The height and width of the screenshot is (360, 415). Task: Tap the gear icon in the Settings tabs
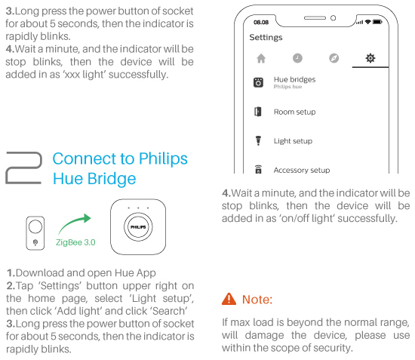[x=370, y=58]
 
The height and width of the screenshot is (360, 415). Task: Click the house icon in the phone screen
[x=261, y=58]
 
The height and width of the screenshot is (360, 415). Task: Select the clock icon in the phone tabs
[x=297, y=58]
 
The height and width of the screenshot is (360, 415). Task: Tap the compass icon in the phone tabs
[x=334, y=58]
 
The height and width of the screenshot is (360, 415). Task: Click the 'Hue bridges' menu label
[x=294, y=79]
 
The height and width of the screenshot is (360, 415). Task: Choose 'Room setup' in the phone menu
[x=294, y=112]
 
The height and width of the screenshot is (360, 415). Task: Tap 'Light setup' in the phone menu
[x=293, y=141]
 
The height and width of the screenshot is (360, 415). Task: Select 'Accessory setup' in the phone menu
[x=302, y=170]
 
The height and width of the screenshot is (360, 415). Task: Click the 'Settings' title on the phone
[x=266, y=37]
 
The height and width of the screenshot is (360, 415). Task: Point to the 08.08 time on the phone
[x=261, y=22]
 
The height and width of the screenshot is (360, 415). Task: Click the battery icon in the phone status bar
[x=377, y=22]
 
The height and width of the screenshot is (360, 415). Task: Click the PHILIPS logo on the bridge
[x=138, y=227]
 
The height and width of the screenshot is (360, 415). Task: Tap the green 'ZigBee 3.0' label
[x=75, y=242]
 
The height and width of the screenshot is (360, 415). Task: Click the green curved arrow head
[x=87, y=218]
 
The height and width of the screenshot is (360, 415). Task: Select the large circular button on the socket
[x=35, y=226]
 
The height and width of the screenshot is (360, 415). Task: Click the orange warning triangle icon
[x=229, y=299]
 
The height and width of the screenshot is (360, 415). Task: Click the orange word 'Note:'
[x=257, y=300]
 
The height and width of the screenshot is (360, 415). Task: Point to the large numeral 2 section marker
[x=24, y=168]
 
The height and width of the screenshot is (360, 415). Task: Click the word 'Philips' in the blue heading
[x=163, y=158]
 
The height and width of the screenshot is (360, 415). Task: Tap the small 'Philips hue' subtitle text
[x=287, y=87]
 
